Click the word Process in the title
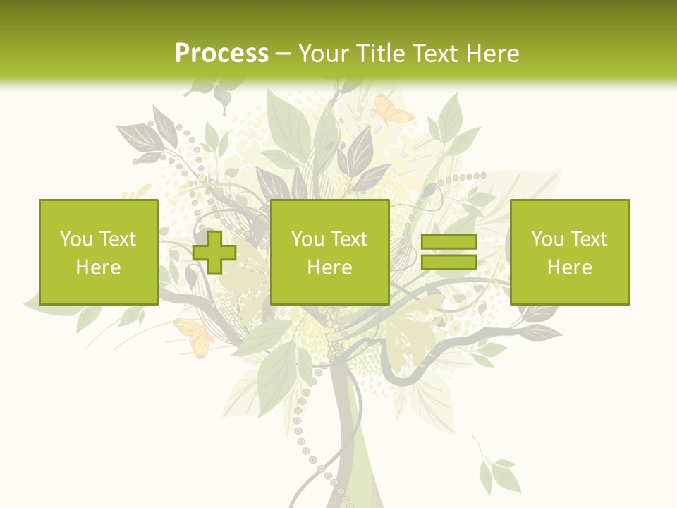[221, 54]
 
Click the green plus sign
[214, 253]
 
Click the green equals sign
[449, 252]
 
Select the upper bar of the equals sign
[449, 241]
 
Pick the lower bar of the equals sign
[449, 262]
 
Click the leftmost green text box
[98, 252]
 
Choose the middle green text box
[329, 252]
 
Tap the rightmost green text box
[569, 252]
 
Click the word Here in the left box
[98, 267]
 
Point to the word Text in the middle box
[348, 239]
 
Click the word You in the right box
[547, 239]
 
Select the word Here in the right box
[569, 267]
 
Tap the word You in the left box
[76, 239]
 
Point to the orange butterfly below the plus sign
[194, 336]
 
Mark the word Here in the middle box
[329, 267]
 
